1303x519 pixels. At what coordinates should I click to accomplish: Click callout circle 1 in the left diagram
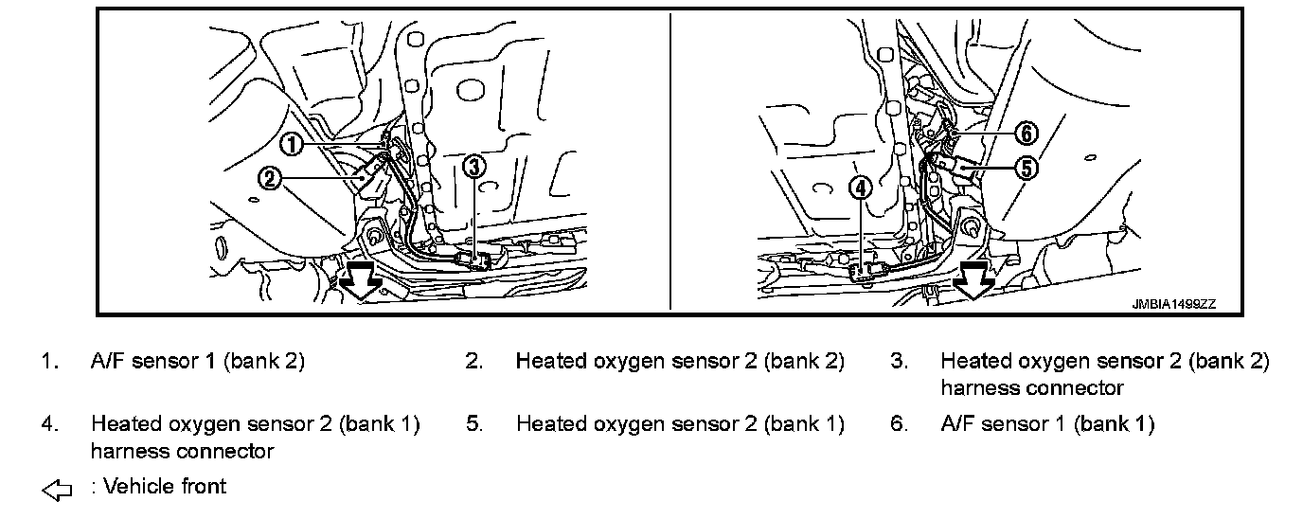tap(293, 144)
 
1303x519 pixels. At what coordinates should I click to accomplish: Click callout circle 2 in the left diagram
tap(271, 177)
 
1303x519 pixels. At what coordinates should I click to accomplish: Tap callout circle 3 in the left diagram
tap(474, 167)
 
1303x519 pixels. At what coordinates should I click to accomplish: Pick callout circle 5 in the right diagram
tap(1027, 168)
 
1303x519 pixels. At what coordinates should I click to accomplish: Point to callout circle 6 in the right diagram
tap(1027, 134)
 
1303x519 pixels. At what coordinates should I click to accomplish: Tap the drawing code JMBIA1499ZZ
tap(1173, 305)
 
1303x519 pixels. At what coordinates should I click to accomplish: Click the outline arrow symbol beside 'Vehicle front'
tap(58, 490)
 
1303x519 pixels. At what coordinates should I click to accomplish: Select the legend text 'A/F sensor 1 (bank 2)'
tap(198, 361)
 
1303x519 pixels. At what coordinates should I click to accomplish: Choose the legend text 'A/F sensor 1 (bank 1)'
tap(1047, 423)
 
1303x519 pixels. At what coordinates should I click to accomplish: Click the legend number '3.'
tap(899, 361)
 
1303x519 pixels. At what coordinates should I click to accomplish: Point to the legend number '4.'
tap(48, 423)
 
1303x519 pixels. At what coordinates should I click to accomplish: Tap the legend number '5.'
tap(473, 423)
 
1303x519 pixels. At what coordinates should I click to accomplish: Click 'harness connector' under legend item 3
tap(1031, 387)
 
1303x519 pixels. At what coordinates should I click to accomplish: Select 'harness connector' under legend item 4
tap(182, 450)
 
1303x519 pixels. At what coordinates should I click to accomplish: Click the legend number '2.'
tap(473, 361)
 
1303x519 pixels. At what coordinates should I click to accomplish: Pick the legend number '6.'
tap(899, 423)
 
